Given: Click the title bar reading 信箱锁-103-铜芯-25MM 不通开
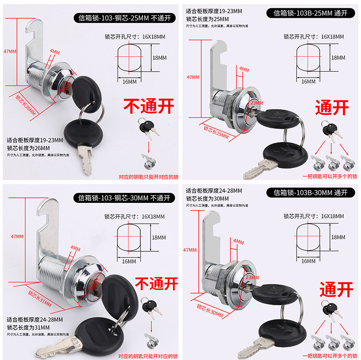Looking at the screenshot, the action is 124,18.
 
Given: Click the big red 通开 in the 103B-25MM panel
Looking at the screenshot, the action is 332,108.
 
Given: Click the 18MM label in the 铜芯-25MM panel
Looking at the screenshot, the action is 159,58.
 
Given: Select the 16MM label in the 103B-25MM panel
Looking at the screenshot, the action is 308,81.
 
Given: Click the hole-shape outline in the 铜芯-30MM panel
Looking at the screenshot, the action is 129,238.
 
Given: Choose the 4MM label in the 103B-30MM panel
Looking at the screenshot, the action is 238,241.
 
